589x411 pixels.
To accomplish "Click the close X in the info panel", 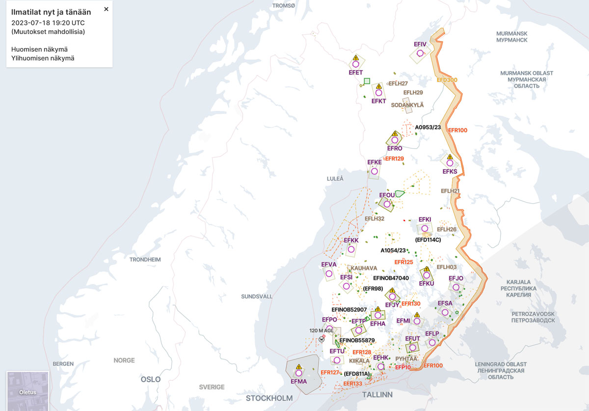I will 106,9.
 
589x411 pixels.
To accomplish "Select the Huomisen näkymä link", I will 39,49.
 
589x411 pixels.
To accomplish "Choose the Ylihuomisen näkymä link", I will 43,58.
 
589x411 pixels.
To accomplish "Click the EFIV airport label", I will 420,44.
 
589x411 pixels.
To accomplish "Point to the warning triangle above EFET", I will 356,58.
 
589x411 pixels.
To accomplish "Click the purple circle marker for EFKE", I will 375,171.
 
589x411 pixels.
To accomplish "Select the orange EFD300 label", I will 447,80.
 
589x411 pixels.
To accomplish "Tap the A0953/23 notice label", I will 428,128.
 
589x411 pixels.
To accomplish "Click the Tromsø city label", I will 284,5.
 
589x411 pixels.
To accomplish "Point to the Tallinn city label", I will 377,395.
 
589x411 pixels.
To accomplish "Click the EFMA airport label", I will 298,382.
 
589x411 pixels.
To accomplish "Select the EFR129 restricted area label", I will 394,158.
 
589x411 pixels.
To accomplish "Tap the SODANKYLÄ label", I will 407,105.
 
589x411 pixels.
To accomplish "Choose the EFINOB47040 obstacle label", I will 391,278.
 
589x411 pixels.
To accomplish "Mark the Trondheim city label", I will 145,259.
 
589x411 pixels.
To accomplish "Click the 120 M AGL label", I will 321,330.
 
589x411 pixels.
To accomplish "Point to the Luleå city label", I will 335,179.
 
